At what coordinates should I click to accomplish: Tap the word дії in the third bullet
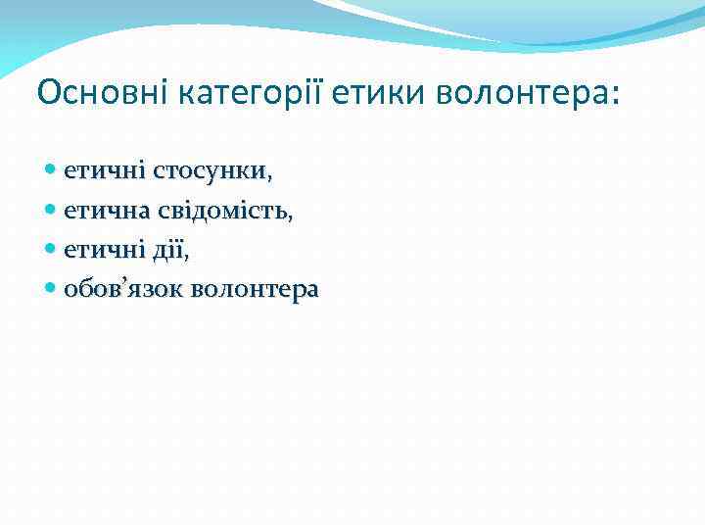(x=166, y=251)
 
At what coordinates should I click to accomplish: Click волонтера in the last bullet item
(x=256, y=290)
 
